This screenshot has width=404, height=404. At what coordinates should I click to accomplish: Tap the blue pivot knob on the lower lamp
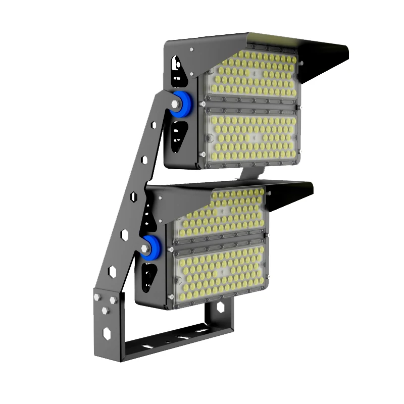point(151,246)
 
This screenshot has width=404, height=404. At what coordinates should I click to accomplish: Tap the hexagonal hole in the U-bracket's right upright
point(221,307)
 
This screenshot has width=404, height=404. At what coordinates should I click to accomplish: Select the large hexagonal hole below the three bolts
point(108,333)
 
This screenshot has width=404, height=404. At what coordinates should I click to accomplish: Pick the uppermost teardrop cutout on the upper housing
point(176,64)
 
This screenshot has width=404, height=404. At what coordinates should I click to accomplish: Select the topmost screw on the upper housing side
point(191,49)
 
